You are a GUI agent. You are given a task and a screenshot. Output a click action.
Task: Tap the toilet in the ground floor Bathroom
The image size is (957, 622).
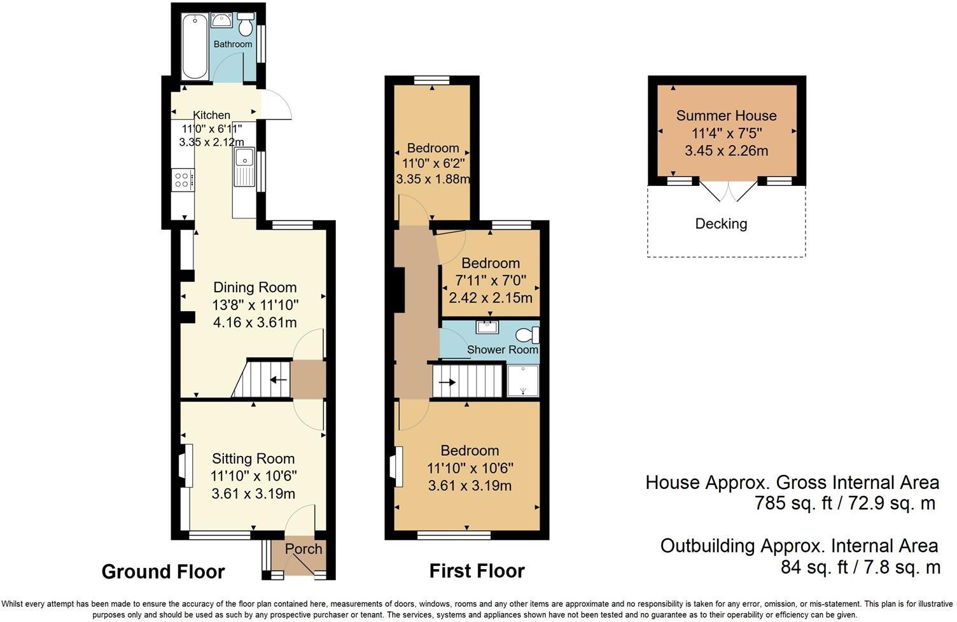tap(246, 24)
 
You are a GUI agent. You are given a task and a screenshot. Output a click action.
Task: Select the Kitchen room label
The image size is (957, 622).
tap(211, 115)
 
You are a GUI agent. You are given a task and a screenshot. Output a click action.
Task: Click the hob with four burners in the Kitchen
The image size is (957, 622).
tap(183, 179)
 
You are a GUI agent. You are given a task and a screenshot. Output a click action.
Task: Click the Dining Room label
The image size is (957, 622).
tap(255, 287)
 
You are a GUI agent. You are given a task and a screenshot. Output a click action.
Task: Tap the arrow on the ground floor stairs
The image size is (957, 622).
tap(277, 381)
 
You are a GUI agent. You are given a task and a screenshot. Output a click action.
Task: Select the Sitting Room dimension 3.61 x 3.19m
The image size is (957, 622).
tap(253, 494)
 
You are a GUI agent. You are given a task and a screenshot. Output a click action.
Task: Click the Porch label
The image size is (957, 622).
tap(304, 549)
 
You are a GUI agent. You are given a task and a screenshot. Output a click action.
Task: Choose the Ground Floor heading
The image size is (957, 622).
tap(163, 572)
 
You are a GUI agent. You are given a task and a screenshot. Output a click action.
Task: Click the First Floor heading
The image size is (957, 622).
tap(477, 571)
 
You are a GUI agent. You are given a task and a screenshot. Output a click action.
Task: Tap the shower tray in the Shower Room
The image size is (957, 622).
tap(522, 380)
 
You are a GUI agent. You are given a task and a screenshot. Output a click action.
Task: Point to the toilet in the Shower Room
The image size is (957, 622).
tap(527, 335)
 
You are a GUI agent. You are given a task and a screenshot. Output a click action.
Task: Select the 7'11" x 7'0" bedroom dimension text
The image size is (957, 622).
tap(491, 280)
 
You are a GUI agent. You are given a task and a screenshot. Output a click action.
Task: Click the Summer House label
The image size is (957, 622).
tap(726, 115)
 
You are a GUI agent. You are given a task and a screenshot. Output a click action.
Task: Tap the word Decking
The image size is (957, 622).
tap(721, 223)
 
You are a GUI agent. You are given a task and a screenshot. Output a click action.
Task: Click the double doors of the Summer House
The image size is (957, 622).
tap(729, 190)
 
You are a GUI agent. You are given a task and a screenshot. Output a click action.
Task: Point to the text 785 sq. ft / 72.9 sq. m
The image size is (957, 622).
tap(845, 504)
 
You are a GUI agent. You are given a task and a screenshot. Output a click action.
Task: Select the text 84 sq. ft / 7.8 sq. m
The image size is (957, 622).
tap(860, 567)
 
